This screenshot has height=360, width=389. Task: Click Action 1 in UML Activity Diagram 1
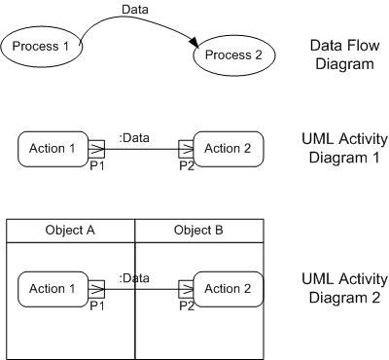(x=53, y=149)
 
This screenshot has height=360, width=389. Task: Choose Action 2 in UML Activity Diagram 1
(x=229, y=149)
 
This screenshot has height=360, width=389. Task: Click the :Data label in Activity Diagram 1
(x=133, y=138)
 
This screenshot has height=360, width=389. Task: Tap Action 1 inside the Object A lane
(x=53, y=289)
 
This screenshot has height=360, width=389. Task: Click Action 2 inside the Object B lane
(x=229, y=289)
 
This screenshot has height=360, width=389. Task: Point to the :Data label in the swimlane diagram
(x=133, y=278)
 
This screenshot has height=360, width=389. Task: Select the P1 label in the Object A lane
(x=96, y=305)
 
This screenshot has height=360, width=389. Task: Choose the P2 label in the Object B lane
(x=187, y=305)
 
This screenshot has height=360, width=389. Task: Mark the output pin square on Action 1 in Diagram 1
(x=95, y=149)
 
